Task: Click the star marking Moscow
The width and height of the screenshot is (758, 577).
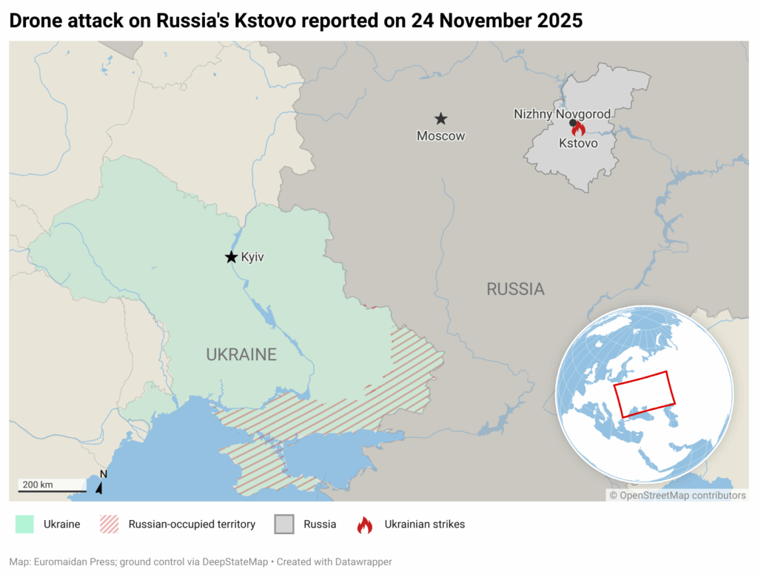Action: point(440,118)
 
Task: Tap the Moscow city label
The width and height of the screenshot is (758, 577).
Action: point(440,136)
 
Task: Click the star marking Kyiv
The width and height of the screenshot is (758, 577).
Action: point(231,257)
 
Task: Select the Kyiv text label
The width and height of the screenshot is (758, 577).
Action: point(252,257)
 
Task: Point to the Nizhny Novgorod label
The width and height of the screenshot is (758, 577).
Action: point(563,114)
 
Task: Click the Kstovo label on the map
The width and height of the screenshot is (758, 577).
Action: point(578,143)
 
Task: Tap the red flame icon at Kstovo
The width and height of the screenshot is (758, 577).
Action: point(579,128)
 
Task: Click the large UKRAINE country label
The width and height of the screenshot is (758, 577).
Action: point(241,354)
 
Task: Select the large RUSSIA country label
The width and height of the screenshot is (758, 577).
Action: point(515,289)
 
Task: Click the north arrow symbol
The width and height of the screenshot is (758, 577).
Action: point(100,485)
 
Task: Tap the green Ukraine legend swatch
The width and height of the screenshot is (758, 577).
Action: point(24,524)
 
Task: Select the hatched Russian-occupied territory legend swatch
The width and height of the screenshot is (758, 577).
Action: point(109,524)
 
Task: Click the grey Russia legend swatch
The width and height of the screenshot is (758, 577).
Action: point(284,524)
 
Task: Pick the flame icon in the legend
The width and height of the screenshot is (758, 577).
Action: point(365,524)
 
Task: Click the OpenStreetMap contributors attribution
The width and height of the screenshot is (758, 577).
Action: point(677,496)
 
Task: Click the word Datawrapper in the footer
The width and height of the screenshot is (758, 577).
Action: point(363,562)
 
